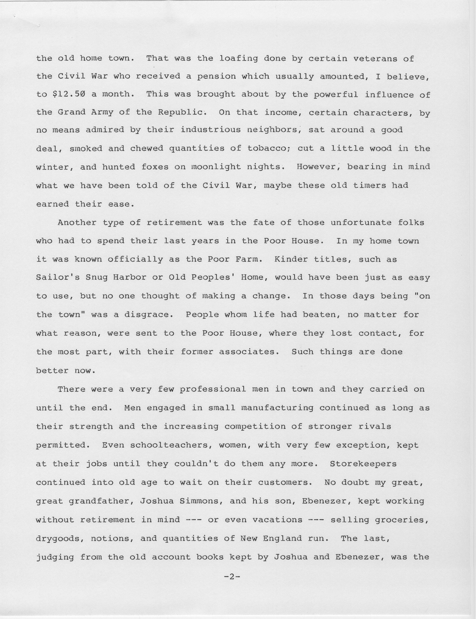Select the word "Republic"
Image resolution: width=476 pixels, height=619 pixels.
pyautogui.click(x=180, y=112)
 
